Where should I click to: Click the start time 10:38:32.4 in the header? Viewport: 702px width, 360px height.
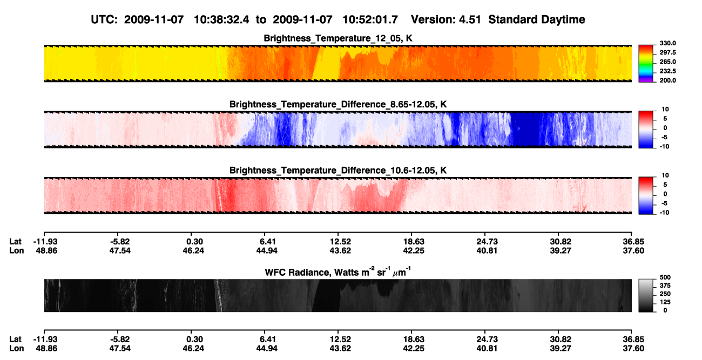click(x=221, y=20)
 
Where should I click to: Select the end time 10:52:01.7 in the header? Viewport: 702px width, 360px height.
click(x=370, y=20)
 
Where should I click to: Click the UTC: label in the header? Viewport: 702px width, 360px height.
click(x=104, y=20)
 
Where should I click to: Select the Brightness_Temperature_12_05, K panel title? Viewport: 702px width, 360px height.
click(x=338, y=38)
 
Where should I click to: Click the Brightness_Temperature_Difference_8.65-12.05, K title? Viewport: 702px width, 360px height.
click(x=338, y=104)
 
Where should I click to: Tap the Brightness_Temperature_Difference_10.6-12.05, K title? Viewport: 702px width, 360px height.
click(x=338, y=171)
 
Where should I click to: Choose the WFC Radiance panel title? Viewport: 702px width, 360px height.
click(x=338, y=272)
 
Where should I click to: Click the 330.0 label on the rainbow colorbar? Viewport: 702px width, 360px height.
click(x=667, y=43)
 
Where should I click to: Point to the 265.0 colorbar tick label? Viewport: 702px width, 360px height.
click(x=667, y=62)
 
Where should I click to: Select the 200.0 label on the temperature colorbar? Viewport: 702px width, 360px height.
click(x=667, y=80)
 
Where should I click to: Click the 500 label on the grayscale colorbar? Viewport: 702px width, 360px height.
click(x=665, y=277)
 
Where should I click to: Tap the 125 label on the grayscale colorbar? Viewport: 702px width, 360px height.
click(x=665, y=302)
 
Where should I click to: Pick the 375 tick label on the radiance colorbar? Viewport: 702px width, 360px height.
click(x=665, y=286)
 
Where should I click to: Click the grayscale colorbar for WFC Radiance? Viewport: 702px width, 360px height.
click(x=646, y=295)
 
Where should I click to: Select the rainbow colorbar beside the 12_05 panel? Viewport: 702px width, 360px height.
click(x=646, y=64)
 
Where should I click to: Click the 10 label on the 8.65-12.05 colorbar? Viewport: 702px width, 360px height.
click(x=665, y=110)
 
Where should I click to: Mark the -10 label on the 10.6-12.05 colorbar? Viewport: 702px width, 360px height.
click(x=664, y=213)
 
